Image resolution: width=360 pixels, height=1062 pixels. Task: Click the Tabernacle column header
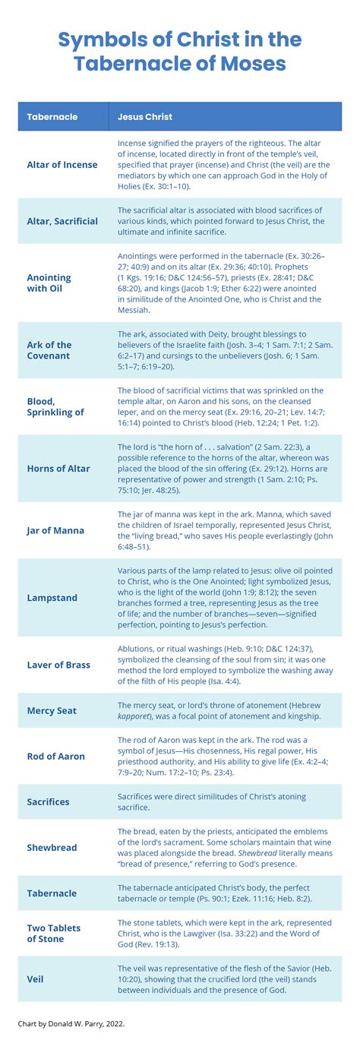pyautogui.click(x=52, y=117)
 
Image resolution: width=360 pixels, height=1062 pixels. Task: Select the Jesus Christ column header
pyautogui.click(x=144, y=117)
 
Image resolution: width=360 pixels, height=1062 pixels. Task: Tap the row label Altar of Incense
pyautogui.click(x=62, y=165)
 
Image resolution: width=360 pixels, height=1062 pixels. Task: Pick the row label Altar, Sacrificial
pyautogui.click(x=62, y=221)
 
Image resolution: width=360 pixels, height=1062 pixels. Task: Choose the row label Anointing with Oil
pyautogui.click(x=49, y=283)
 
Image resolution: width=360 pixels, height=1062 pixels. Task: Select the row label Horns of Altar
pyautogui.click(x=58, y=469)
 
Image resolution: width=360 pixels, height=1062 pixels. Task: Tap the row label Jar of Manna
pyautogui.click(x=55, y=530)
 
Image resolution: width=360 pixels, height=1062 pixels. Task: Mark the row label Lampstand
pyautogui.click(x=52, y=598)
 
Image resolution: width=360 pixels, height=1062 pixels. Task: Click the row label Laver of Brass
pyautogui.click(x=58, y=665)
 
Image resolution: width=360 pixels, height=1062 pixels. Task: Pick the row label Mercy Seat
pyautogui.click(x=52, y=711)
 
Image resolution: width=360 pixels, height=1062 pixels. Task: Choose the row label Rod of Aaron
pyautogui.click(x=55, y=757)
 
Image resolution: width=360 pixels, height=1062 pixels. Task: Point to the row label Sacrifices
pyautogui.click(x=48, y=801)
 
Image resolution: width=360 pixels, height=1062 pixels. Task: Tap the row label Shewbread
pyautogui.click(x=52, y=848)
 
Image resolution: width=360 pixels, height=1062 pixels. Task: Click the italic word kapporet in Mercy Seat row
pyautogui.click(x=135, y=717)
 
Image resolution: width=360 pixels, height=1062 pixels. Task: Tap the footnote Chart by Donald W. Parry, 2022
pyautogui.click(x=71, y=1024)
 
